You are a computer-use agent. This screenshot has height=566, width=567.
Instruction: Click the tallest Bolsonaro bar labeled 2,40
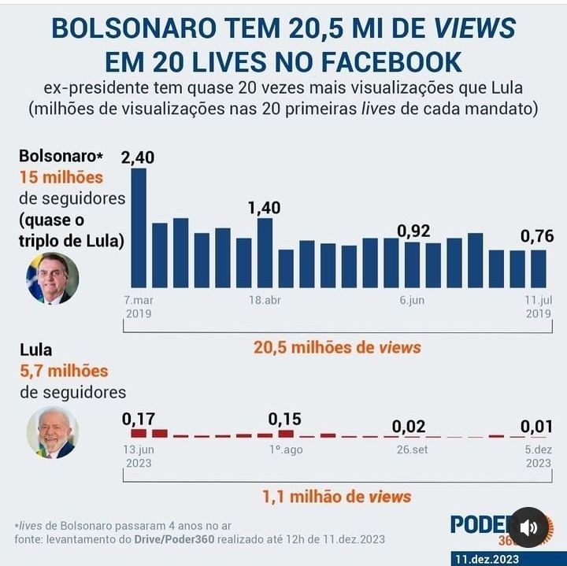pyautogui.click(x=139, y=228)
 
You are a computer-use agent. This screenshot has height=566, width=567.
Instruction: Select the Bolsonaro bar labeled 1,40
pyautogui.click(x=265, y=253)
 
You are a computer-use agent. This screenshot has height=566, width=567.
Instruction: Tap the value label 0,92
pyautogui.click(x=413, y=231)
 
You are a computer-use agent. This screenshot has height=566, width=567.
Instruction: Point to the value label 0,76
pyautogui.click(x=537, y=236)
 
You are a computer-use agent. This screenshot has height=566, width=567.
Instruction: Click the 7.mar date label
pyautogui.click(x=138, y=300)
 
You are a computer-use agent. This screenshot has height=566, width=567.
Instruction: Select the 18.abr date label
pyautogui.click(x=265, y=300)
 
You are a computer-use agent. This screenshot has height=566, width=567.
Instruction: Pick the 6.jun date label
pyautogui.click(x=413, y=300)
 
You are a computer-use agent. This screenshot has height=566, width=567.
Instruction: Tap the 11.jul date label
pyautogui.click(x=538, y=300)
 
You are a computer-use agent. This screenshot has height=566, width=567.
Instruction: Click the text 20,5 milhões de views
pyautogui.click(x=337, y=347)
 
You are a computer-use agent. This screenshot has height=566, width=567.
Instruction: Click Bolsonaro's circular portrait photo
pyautogui.click(x=53, y=278)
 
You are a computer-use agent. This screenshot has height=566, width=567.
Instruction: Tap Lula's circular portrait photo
pyautogui.click(x=53, y=432)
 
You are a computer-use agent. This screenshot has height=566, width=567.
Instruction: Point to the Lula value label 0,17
pyautogui.click(x=139, y=420)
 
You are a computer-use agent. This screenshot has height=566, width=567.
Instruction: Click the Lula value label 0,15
pyautogui.click(x=284, y=419)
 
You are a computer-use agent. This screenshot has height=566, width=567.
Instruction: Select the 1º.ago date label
pyautogui.click(x=286, y=449)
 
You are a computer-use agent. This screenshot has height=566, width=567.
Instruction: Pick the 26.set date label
pyautogui.click(x=413, y=449)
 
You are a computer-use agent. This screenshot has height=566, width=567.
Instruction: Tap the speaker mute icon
pyautogui.click(x=528, y=527)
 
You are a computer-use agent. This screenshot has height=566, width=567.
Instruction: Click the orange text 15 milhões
pyautogui.click(x=61, y=177)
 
